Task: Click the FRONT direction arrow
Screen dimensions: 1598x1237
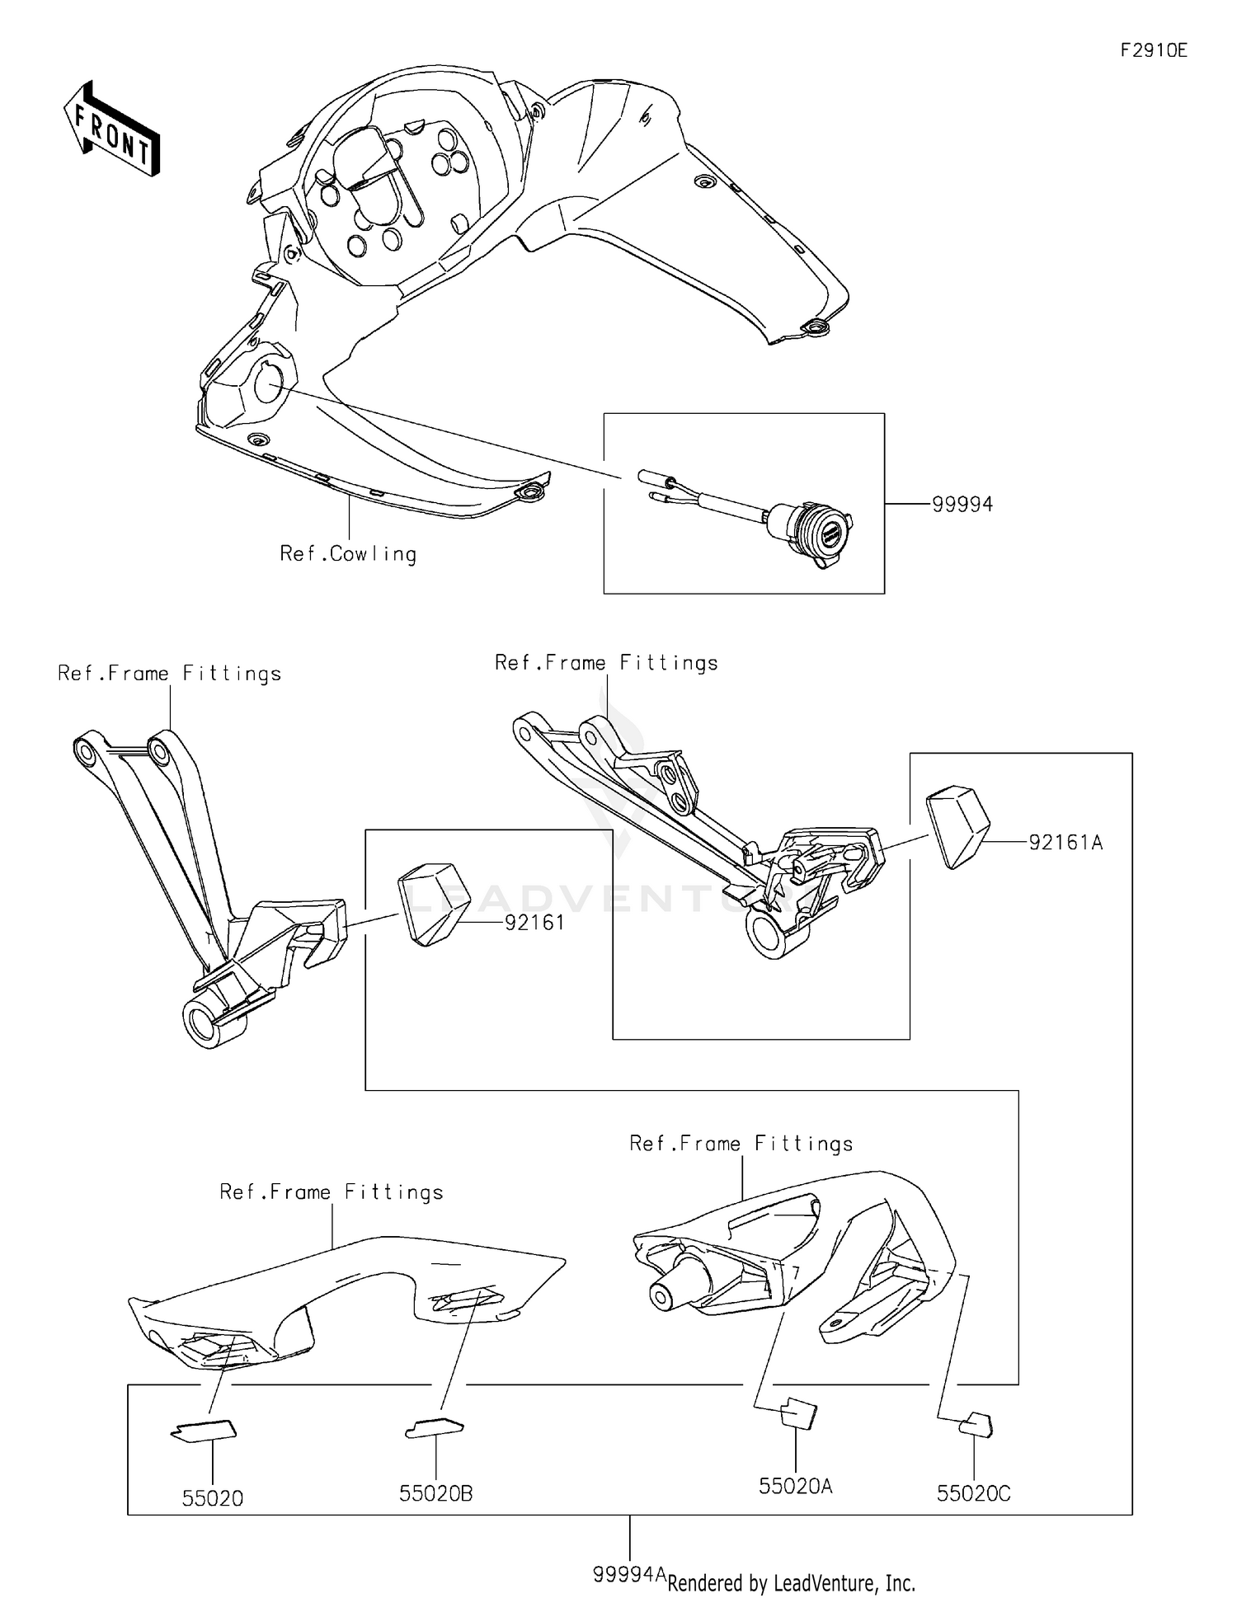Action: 111,129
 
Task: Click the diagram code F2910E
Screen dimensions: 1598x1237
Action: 1153,50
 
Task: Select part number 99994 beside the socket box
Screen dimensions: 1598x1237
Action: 962,504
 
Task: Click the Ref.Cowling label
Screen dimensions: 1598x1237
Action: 348,553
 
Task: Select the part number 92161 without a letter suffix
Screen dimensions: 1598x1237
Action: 534,922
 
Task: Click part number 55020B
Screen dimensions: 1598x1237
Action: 435,1493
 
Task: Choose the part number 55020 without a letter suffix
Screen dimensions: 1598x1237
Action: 213,1498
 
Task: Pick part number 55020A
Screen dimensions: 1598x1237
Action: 795,1486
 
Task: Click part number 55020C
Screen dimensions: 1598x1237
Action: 973,1493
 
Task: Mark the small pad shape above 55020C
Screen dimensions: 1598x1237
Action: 976,1425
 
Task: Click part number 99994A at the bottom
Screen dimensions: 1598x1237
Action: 628,1573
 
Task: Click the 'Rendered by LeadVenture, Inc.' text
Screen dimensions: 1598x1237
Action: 791,1582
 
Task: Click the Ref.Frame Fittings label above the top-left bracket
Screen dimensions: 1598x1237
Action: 169,674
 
